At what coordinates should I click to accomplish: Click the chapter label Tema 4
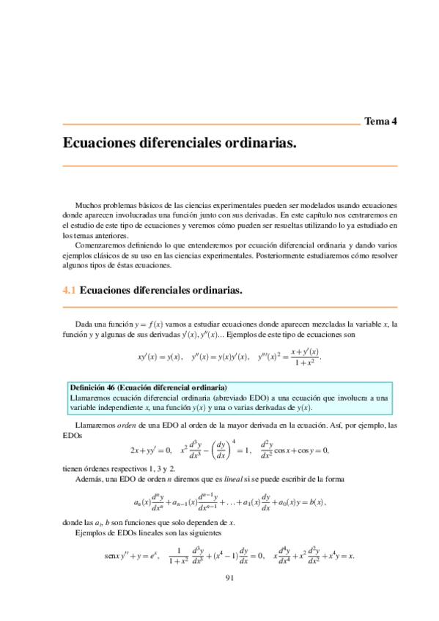coord(380,122)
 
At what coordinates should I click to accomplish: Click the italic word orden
coord(119,425)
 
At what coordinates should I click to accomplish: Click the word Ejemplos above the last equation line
coord(92,534)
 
